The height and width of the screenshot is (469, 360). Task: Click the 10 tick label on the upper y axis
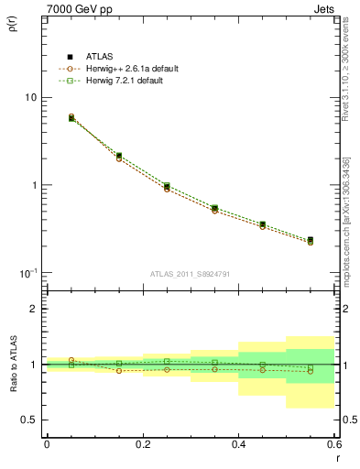(x=29, y=97)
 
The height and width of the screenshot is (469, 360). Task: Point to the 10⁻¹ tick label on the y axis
(x=27, y=274)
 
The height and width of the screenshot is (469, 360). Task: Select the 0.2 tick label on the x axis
(x=142, y=444)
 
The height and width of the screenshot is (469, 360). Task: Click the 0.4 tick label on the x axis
(x=238, y=444)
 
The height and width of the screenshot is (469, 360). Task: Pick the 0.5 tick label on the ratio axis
(x=29, y=420)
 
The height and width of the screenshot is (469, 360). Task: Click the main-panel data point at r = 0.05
(x=71, y=118)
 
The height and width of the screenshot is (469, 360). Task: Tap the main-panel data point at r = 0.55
(x=311, y=241)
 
